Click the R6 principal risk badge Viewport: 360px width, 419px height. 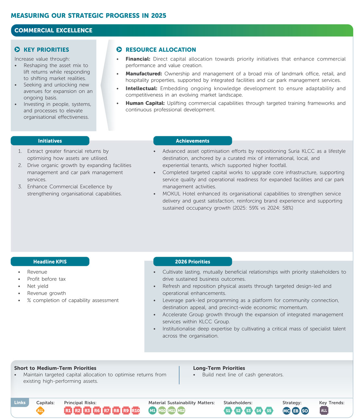(97, 411)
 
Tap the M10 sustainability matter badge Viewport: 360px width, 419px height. (162, 411)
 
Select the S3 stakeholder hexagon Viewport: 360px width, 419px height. (248, 411)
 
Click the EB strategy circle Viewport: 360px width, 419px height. (295, 411)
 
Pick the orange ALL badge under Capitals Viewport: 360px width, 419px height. (40, 411)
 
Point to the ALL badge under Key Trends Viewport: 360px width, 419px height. (324, 411)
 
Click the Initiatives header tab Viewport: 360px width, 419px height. (50, 141)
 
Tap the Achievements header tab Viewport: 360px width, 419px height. (193, 141)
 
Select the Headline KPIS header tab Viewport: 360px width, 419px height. (50, 262)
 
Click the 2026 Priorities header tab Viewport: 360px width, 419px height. (193, 262)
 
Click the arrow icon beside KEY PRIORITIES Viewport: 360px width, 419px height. (18, 50)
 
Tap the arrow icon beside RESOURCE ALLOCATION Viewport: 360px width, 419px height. (119, 50)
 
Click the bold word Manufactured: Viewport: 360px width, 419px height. (144, 74)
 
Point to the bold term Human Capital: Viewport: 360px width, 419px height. (145, 103)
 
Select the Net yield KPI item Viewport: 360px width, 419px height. (38, 286)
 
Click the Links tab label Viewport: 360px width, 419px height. (20, 402)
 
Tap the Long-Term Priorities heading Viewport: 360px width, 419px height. (219, 368)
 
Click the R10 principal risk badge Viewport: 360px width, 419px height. (136, 411)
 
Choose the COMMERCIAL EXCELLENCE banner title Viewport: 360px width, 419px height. (54, 31)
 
